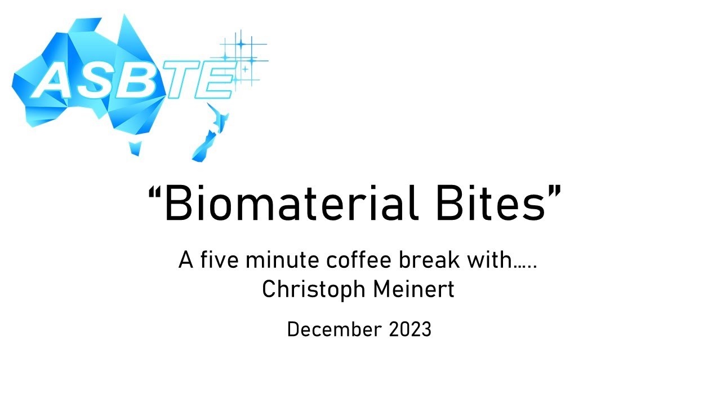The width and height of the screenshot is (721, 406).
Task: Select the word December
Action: point(335,329)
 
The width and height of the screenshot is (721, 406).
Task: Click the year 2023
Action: point(410,329)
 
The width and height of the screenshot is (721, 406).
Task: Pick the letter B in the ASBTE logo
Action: point(141,80)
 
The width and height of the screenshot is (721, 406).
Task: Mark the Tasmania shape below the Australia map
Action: point(135,148)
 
